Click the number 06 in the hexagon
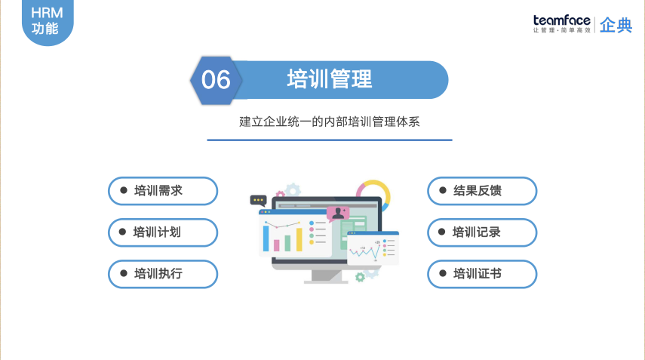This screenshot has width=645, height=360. (x=217, y=79)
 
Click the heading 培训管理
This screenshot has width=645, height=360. (x=330, y=79)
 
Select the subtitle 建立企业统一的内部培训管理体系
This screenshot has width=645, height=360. (x=329, y=121)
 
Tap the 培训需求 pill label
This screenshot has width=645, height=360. (x=163, y=191)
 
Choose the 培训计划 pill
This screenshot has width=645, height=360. (x=163, y=232)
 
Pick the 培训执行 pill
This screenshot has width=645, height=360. (x=163, y=274)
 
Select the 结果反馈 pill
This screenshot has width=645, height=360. (x=482, y=191)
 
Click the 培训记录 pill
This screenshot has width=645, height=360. (x=482, y=232)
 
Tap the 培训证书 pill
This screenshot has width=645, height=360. (x=482, y=274)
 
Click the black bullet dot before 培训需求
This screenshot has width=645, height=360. (x=123, y=191)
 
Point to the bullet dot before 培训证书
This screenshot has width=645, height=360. (x=442, y=274)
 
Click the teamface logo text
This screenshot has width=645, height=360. (x=561, y=21)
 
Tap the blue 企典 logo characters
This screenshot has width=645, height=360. (x=616, y=25)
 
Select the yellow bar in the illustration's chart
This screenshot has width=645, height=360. (x=299, y=239)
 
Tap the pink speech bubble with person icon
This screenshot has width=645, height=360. (x=338, y=214)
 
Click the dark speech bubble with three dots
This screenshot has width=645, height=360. (x=259, y=201)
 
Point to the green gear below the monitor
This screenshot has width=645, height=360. (x=360, y=277)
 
